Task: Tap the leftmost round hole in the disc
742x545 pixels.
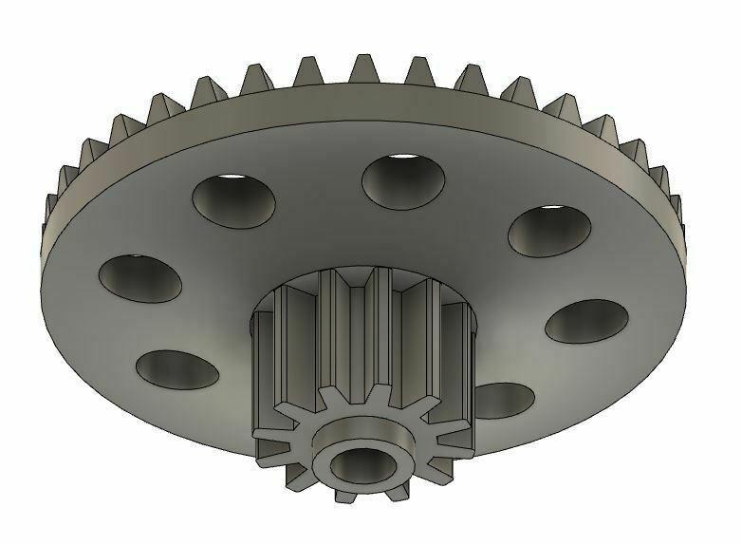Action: (141, 276)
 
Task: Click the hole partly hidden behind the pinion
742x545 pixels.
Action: (500, 398)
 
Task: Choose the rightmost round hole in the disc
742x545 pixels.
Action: (585, 321)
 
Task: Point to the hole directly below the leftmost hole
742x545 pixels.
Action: (177, 368)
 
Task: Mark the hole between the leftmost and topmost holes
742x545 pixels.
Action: (234, 197)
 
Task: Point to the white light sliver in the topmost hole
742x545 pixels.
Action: (403, 158)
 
